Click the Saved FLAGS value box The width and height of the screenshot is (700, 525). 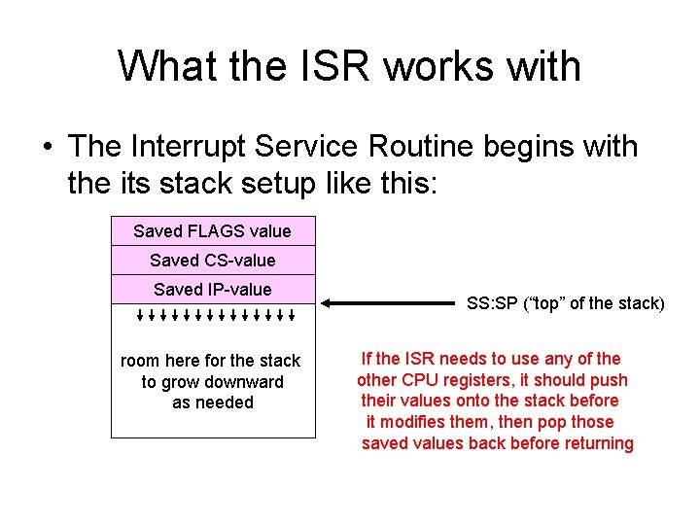pos(213,231)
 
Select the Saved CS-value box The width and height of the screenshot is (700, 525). pos(213,261)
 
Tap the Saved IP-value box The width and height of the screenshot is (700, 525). pos(213,290)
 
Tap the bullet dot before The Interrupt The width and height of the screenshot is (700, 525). pos(46,148)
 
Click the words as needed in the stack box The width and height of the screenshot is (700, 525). pos(212,402)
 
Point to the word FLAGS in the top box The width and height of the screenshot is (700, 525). pos(211,231)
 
